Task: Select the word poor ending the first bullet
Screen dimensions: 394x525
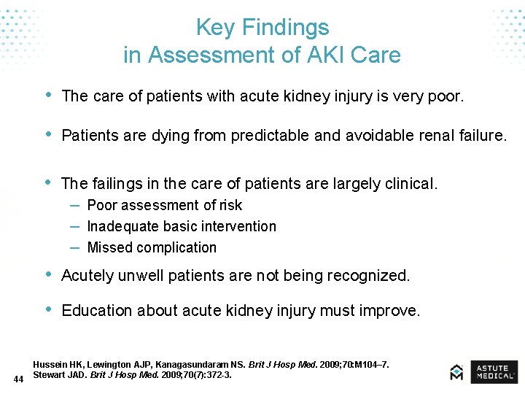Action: click(444, 96)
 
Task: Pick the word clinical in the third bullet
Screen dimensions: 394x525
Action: click(411, 184)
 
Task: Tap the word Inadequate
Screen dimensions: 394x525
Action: click(122, 227)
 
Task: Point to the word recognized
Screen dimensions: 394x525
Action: click(368, 276)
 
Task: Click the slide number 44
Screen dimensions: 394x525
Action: click(19, 379)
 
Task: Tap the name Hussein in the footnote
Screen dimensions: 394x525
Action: click(51, 364)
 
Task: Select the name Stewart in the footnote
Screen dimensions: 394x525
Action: click(50, 375)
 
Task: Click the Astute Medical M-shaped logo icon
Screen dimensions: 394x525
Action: click(456, 372)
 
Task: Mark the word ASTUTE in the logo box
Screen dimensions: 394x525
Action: click(493, 368)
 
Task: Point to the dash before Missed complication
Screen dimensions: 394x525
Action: click(75, 247)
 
